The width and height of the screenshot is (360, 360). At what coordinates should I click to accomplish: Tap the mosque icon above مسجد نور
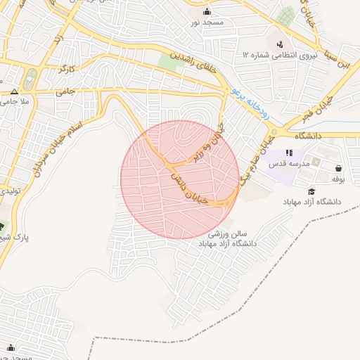point(207,12)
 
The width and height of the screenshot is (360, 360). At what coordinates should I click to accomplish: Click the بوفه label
point(338,179)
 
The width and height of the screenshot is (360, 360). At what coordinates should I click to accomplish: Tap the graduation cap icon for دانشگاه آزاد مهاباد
point(311,191)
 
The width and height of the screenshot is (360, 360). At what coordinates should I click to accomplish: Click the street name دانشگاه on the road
point(308,135)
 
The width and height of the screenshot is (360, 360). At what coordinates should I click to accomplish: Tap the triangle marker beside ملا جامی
point(14,91)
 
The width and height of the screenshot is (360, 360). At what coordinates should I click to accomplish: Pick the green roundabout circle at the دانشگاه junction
point(274,133)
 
